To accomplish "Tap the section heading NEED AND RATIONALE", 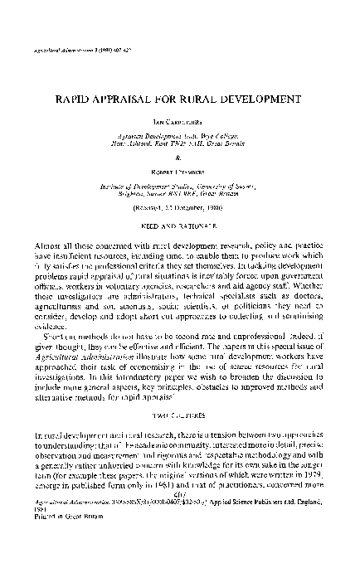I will click(181, 226).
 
